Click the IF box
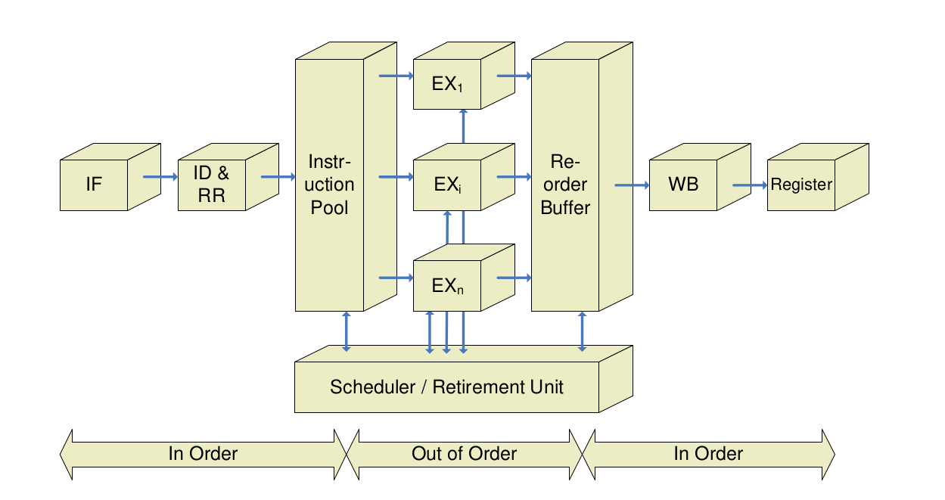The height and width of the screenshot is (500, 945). [93, 184]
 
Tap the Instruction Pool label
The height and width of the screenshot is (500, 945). [331, 184]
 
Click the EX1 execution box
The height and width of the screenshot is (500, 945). [447, 84]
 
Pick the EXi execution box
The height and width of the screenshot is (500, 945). [447, 184]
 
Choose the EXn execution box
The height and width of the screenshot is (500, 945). [447, 285]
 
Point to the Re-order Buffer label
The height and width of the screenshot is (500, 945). [565, 184]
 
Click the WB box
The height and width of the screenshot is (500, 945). [683, 184]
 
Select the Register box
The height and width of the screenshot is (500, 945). [801, 184]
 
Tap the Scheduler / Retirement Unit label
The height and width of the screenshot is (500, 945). [446, 387]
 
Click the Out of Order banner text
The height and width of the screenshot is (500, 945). [464, 454]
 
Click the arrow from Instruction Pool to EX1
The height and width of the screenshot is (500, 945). [396, 76]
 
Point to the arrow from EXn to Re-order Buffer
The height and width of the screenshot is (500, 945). [514, 278]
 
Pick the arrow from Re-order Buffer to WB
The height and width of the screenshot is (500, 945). [632, 184]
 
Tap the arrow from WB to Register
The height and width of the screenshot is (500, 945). [749, 184]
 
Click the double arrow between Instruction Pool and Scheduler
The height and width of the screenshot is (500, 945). [347, 331]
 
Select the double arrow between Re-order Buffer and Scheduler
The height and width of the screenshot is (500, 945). [582, 331]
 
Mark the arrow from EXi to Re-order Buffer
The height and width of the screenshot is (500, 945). [514, 177]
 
